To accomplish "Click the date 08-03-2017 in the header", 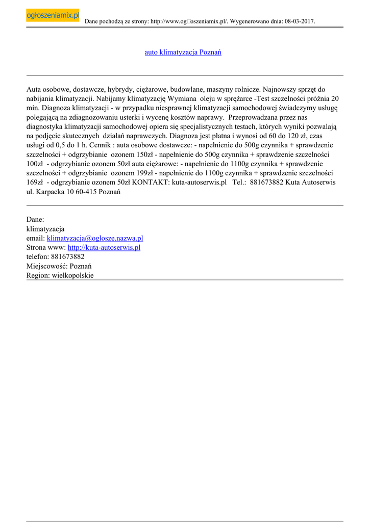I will tap(298, 21).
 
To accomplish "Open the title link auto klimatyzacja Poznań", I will tap(183, 53).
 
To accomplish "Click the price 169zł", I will tap(35, 182).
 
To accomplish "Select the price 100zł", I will tap(35, 164).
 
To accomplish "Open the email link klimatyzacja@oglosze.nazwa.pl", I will tap(95, 238).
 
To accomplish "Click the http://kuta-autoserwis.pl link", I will tap(104, 247).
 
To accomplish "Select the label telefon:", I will tap(38, 256).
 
